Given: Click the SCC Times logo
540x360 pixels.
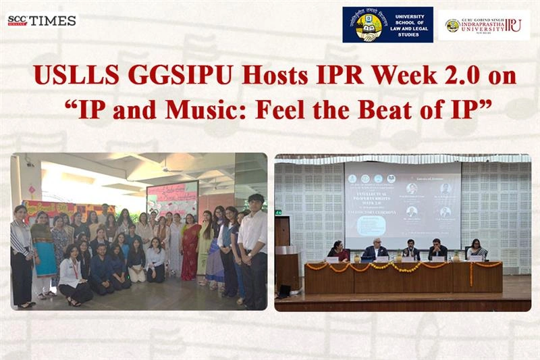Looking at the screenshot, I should pyautogui.click(x=42, y=20).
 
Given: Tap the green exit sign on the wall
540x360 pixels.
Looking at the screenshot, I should pyautogui.click(x=278, y=212).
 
